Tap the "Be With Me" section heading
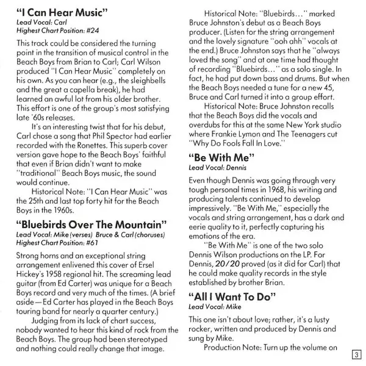coord(221,158)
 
